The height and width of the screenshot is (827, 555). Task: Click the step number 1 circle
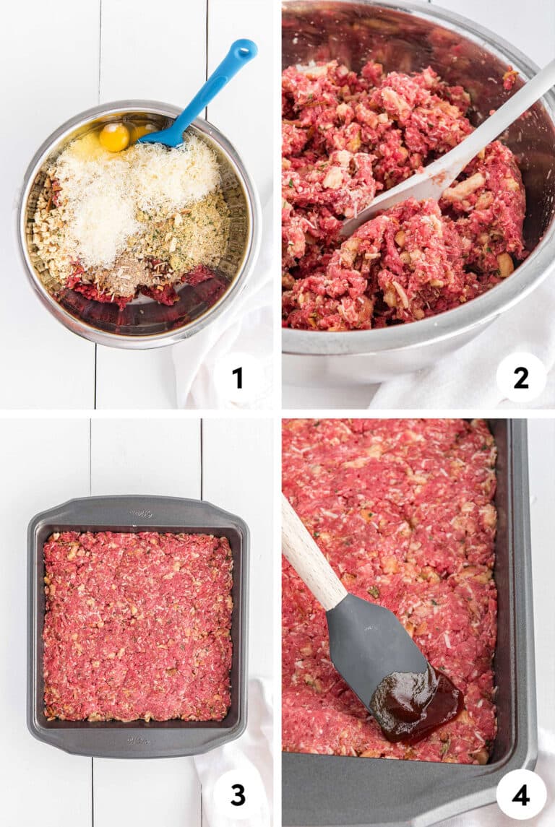pyautogui.click(x=238, y=378)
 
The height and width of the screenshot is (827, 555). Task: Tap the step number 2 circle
pyautogui.click(x=521, y=378)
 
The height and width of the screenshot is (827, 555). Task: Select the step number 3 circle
pyautogui.click(x=238, y=794)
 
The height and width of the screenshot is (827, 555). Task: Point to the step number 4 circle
pyautogui.click(x=521, y=794)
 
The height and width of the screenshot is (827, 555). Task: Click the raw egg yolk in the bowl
pyautogui.click(x=114, y=137)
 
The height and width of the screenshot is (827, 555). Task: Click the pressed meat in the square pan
pyautogui.click(x=137, y=626)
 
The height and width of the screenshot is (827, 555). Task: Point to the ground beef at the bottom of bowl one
pyautogui.click(x=142, y=287)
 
